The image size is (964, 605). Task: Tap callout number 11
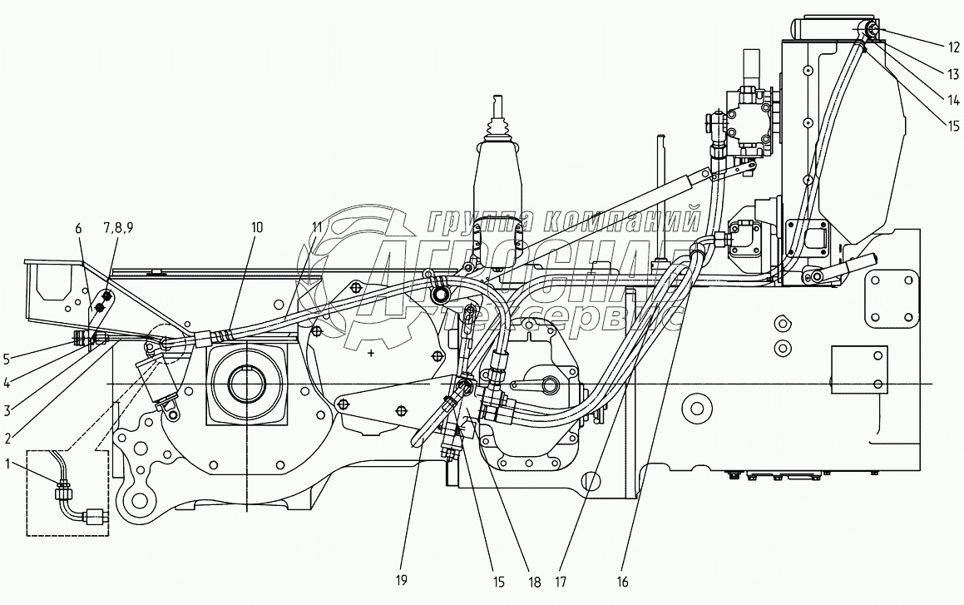[x=316, y=227]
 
